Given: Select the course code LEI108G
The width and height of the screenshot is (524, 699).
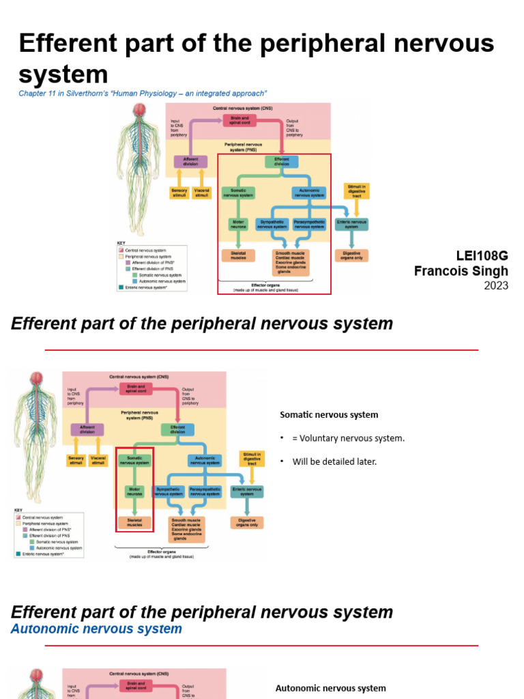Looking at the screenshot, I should point(482,256).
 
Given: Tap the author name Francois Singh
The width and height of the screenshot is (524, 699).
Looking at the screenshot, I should point(461,271).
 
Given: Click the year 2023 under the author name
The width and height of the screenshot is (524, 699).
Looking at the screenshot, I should point(496,285).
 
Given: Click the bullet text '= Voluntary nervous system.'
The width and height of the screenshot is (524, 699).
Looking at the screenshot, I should point(348,438).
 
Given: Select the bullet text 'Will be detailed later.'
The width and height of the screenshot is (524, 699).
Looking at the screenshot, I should point(334,461).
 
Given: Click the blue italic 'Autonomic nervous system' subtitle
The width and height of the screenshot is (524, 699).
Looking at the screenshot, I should point(96,629).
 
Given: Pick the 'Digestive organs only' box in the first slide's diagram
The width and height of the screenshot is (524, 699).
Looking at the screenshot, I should point(351,255).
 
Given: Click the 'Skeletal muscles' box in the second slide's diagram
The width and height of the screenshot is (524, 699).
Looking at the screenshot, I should point(134,524).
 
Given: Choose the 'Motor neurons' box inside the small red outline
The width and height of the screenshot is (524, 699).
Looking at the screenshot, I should point(134,491).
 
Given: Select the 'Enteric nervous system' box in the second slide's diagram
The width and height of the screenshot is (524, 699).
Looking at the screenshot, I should point(247,491).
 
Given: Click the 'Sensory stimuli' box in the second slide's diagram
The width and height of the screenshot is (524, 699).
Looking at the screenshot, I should point(75,460).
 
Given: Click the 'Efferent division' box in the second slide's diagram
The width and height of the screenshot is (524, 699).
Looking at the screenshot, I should point(177,429).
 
